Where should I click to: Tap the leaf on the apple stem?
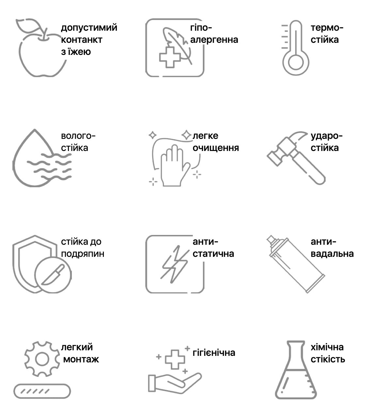click(29, 25)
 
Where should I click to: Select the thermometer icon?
click(296, 48)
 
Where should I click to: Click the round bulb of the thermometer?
click(296, 62)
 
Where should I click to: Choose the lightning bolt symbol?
click(174, 264)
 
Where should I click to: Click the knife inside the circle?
click(53, 274)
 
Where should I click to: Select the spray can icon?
click(296, 264)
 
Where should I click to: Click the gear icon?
click(42, 359)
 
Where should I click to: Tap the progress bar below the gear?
click(42, 391)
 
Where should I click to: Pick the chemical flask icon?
click(296, 370)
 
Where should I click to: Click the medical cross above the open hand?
click(175, 359)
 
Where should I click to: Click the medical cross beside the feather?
click(170, 57)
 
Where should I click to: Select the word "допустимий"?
click(89, 28)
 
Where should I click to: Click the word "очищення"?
click(216, 148)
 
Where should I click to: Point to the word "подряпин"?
click(83, 254)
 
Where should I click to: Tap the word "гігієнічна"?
click(214, 353)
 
